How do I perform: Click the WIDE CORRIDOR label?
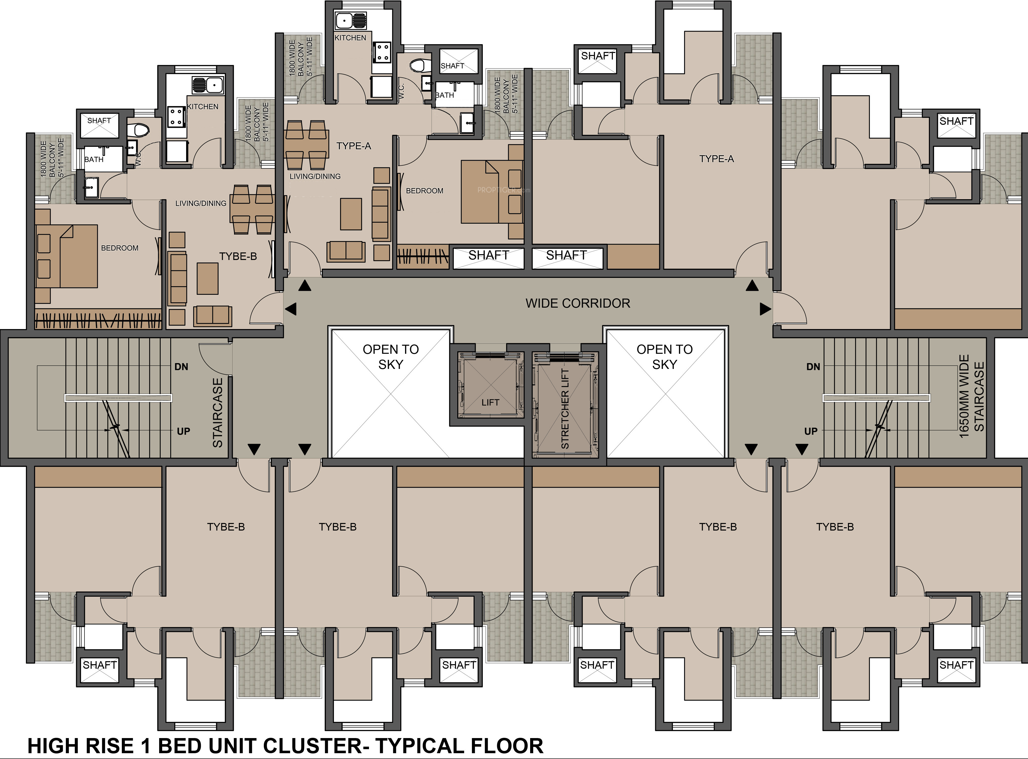578,303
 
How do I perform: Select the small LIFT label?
490,402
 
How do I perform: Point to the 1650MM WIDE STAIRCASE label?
971,396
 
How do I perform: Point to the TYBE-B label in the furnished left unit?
238,256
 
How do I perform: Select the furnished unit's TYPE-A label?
353,146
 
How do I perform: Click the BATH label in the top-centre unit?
444,95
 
